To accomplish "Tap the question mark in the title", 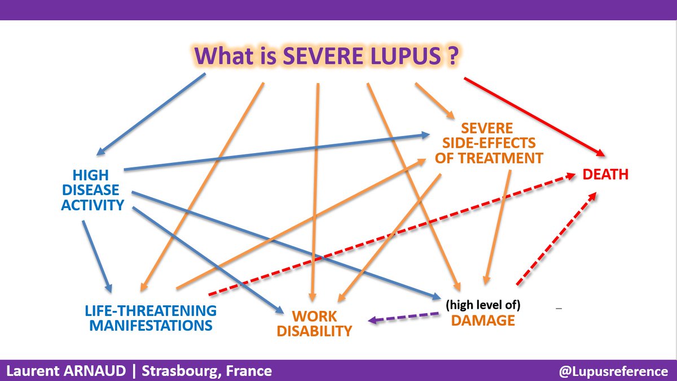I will click(452, 57).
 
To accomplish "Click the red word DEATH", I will click(605, 175).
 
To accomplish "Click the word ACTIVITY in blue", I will click(93, 205).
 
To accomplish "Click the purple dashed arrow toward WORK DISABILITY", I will click(403, 317).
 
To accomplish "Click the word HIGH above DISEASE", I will click(91, 175).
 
